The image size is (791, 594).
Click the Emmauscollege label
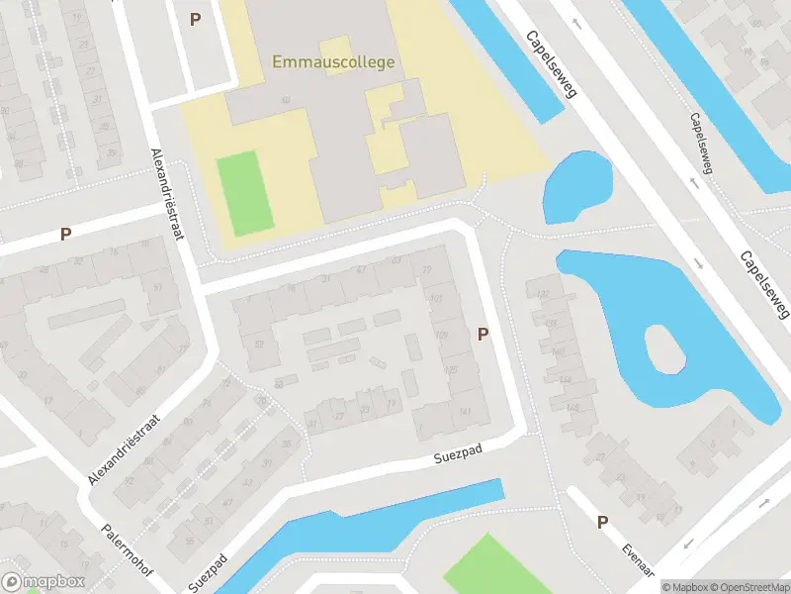[x=333, y=62]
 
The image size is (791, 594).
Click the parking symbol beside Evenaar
[x=601, y=523]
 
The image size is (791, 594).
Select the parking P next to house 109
[x=483, y=335]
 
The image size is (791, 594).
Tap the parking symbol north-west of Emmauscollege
[x=195, y=19]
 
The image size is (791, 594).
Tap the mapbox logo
[x=42, y=582]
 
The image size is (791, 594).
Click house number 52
[x=260, y=344]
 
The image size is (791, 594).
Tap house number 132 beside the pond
[x=541, y=294]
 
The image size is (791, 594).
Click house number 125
[x=451, y=368]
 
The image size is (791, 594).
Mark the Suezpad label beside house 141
[x=456, y=457]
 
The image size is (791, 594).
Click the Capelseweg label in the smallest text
[x=698, y=149]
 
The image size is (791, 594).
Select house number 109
[x=441, y=335]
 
